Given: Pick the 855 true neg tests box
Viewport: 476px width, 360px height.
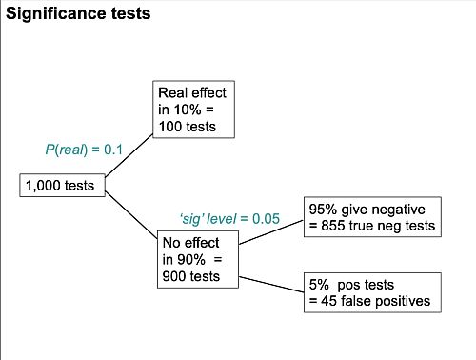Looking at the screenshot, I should point(371,216).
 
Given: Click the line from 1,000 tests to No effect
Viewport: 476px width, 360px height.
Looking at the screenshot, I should point(131,212).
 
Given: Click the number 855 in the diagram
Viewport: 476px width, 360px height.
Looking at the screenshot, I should point(328,226).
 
